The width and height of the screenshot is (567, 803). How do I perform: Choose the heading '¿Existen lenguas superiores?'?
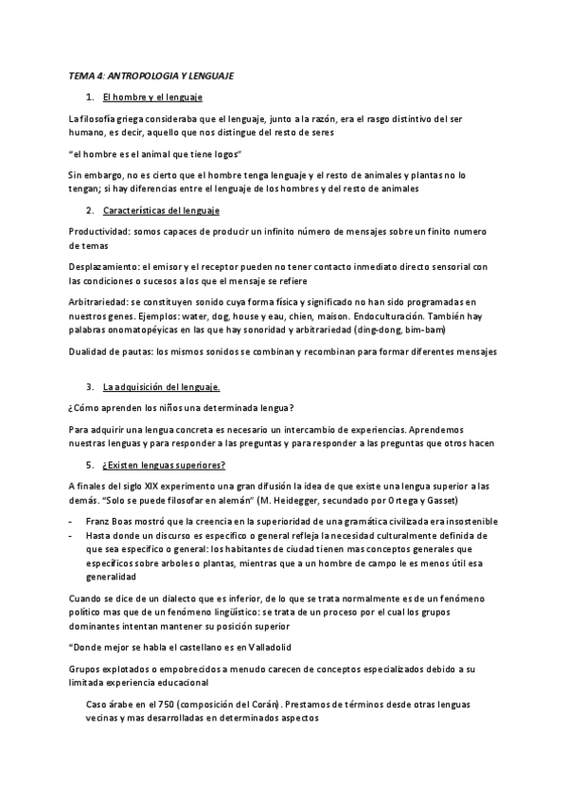pos(164,464)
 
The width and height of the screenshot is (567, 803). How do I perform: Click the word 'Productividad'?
pos(99,232)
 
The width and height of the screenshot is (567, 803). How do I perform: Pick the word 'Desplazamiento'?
pos(104,266)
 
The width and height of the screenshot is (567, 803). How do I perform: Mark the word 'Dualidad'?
pos(88,351)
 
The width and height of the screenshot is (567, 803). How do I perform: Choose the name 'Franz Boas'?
pos(113,522)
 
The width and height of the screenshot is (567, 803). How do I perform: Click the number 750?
pos(174,705)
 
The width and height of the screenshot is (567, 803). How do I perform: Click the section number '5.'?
pos(89,464)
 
